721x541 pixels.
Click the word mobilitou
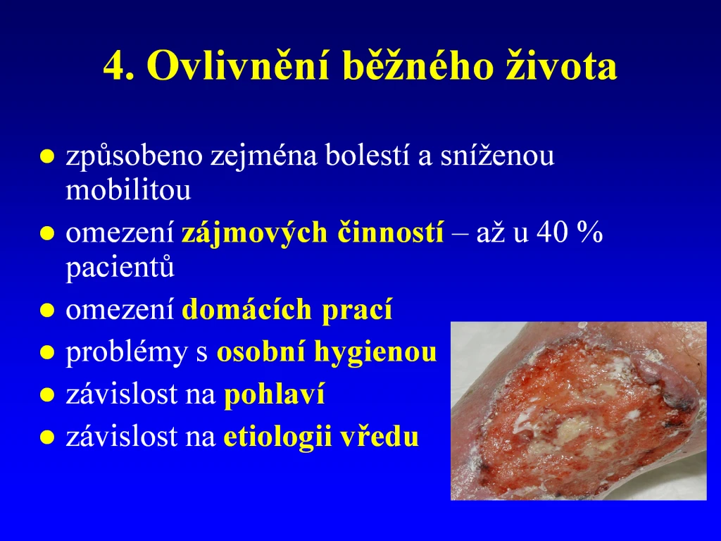128,189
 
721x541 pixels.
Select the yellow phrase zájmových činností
313,232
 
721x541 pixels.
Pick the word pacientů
120,268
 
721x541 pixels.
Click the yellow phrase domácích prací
287,309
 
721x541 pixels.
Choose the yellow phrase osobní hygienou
327,352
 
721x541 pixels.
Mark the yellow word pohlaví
274,395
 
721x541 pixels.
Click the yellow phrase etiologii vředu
321,437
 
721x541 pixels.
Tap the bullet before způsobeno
47,156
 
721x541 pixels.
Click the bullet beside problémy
47,353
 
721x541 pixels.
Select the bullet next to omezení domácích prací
47,311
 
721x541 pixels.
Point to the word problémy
127,352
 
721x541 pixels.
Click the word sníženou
497,155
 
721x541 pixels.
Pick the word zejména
264,156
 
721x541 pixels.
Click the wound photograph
579,411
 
